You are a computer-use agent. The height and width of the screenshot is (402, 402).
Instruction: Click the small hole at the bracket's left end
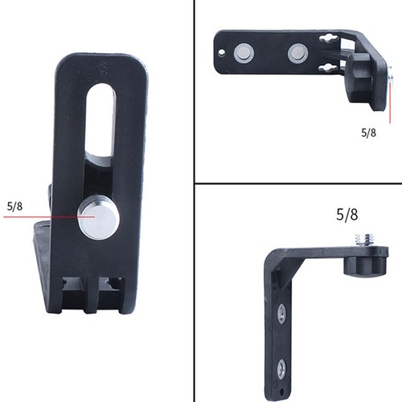pos(223,55)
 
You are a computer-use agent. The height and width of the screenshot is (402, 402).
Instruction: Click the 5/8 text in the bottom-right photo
pos(349,215)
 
